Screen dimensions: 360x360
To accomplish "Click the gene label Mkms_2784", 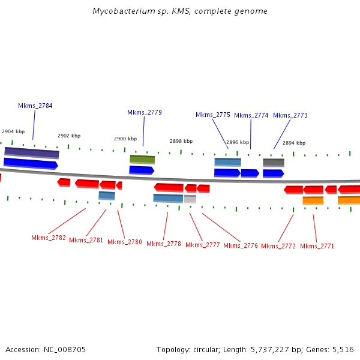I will tap(35, 106).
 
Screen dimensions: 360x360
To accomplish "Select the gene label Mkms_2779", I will tap(144, 112).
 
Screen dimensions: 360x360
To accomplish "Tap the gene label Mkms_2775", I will tap(212, 115).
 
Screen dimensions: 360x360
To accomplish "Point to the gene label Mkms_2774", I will tap(251, 115).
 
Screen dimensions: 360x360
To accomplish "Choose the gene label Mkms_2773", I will tap(290, 115).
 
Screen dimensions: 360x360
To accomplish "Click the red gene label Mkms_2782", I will tap(50, 238).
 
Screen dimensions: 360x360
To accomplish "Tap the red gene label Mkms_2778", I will tap(163, 244).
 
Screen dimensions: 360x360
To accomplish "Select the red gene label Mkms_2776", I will tap(240, 245).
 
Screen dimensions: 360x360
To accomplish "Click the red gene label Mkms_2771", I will tap(317, 246).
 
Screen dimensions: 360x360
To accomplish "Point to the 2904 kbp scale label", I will tap(13, 131).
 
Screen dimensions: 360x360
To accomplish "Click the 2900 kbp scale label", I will tap(125, 139).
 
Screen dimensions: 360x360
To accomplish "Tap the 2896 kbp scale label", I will tap(237, 142).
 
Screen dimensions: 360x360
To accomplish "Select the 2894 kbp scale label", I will tap(293, 143).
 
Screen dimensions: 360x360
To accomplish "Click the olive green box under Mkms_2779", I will tap(142, 160).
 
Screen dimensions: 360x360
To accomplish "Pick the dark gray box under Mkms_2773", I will tap(273, 163).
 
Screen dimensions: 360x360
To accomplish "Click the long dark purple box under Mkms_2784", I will tap(31, 152).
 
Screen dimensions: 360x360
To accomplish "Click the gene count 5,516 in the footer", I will tap(343, 349).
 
